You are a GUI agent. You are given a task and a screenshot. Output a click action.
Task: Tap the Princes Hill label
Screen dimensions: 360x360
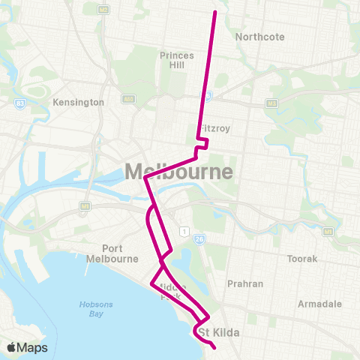coord(177,60)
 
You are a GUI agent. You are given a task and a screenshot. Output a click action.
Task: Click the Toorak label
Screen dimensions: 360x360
coord(302,259)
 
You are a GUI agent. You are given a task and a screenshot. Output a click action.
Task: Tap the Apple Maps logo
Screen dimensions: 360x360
coord(27,347)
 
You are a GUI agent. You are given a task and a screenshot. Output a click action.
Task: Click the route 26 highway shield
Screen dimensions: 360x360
coord(199,239)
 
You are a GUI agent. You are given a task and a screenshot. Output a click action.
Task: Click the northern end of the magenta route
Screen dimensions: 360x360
coord(216,12)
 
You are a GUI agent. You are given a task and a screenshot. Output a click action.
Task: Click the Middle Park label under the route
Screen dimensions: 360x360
coord(172,291)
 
